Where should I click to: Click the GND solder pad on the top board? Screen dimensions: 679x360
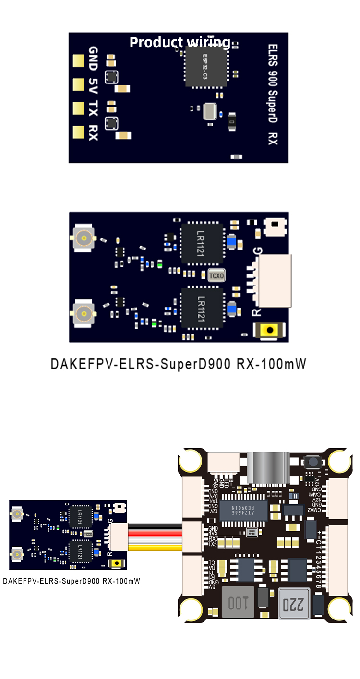pyautogui.click(x=77, y=60)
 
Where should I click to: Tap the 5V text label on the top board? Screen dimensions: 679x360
pyautogui.click(x=94, y=85)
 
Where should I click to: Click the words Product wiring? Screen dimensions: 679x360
pyautogui.click(x=180, y=42)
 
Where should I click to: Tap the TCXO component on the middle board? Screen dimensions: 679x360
pyautogui.click(x=216, y=275)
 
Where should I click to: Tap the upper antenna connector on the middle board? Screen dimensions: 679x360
pyautogui.click(x=83, y=238)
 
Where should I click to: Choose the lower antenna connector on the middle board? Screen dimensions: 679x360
pyautogui.click(x=83, y=314)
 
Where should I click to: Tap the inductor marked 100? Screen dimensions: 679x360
pyautogui.click(x=238, y=602)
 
